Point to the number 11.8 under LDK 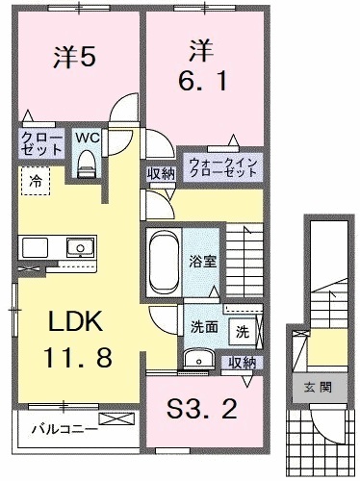tap(76, 359)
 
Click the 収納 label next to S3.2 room tap(243, 363)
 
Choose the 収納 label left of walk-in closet tap(160, 172)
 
